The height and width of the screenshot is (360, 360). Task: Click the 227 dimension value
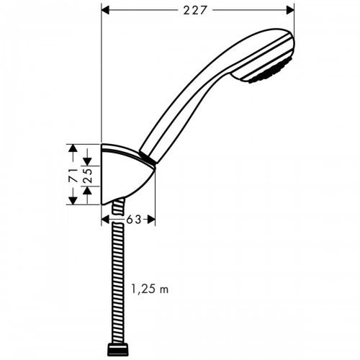[x=194, y=10]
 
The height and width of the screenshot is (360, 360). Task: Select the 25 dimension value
[x=88, y=176]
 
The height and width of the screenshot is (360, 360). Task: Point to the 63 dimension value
[x=134, y=220]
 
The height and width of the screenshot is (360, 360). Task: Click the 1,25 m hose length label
[x=150, y=289]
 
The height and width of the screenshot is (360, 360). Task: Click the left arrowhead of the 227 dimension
[x=105, y=10]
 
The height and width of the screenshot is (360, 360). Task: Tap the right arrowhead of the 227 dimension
[x=290, y=10]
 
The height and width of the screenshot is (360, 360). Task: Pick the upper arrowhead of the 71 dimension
[x=73, y=148]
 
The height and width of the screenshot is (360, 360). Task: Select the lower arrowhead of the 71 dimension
[x=73, y=201]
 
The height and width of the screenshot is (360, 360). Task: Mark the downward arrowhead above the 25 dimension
[x=87, y=161]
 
